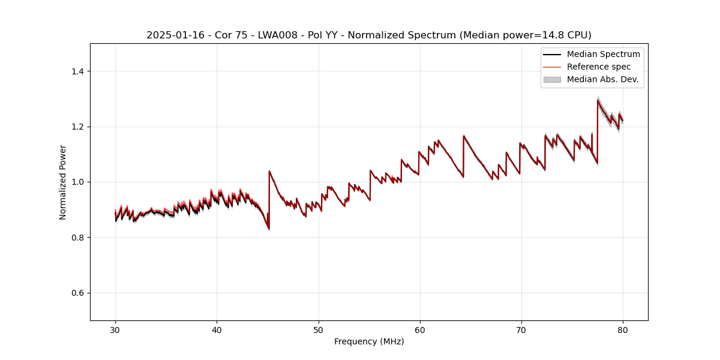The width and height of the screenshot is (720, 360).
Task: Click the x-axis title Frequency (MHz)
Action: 369,341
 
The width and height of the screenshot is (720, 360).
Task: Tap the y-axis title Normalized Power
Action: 62,182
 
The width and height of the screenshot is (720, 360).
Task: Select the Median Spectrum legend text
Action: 603,54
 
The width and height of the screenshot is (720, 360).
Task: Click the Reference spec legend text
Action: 599,67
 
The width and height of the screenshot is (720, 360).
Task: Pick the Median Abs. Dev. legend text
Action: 602,79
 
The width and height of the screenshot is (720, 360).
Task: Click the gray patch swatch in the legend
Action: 552,79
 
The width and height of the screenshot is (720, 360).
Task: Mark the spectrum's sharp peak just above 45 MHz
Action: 269,171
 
